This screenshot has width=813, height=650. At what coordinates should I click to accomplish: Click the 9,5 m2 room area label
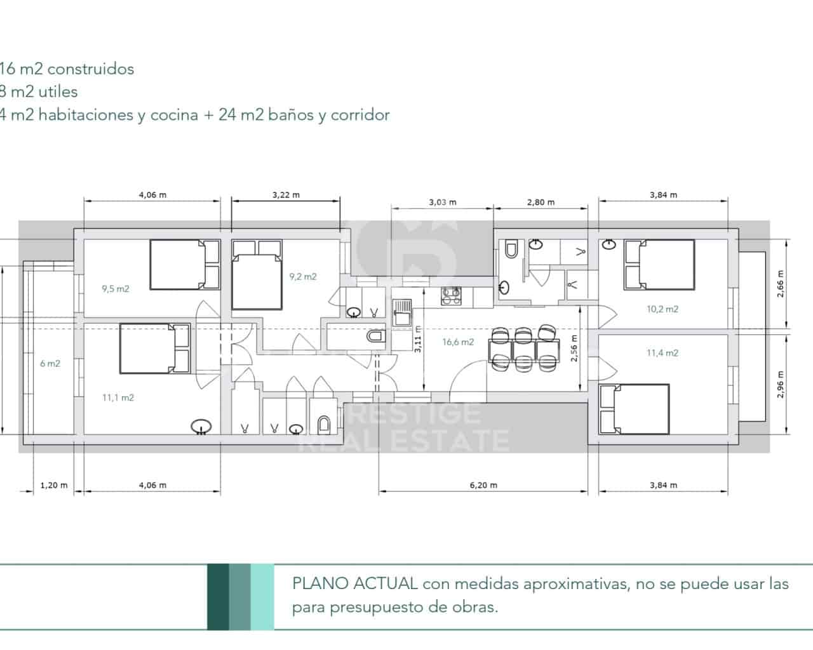pos(115,289)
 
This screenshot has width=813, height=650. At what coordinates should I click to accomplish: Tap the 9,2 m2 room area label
pos(303,276)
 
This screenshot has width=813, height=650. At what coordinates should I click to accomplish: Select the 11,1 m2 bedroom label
pos(118,398)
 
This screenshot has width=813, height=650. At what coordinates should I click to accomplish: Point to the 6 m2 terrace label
pos(50,363)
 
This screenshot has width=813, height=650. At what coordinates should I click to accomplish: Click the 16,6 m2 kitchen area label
pos(458,342)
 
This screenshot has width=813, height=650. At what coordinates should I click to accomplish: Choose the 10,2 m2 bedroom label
pos(662,309)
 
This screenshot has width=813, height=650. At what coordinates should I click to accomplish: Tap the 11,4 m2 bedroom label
pos(662,353)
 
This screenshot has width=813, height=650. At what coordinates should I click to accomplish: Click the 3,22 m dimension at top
pos(286,195)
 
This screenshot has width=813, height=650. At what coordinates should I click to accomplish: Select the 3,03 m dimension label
pos(443,202)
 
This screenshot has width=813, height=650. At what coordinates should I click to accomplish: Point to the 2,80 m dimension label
pos(541,202)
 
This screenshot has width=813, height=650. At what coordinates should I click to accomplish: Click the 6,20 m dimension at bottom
pos(483,485)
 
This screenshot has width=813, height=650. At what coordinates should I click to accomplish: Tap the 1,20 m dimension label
pos(53,485)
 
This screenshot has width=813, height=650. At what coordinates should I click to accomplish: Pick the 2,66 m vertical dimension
pos(781,283)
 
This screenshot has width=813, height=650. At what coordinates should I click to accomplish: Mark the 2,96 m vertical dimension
pos(781,385)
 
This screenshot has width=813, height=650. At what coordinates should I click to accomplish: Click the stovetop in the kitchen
pos(452,295)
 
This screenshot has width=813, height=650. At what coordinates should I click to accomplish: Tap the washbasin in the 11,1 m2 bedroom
pos(201,427)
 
